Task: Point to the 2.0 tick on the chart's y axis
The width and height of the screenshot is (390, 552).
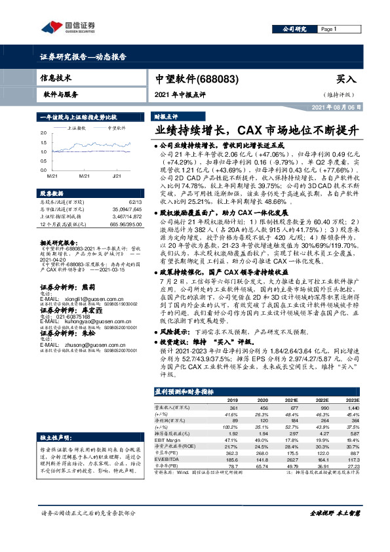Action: [x=43, y=132]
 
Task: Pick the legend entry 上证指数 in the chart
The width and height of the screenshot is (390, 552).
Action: [x=77, y=129]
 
